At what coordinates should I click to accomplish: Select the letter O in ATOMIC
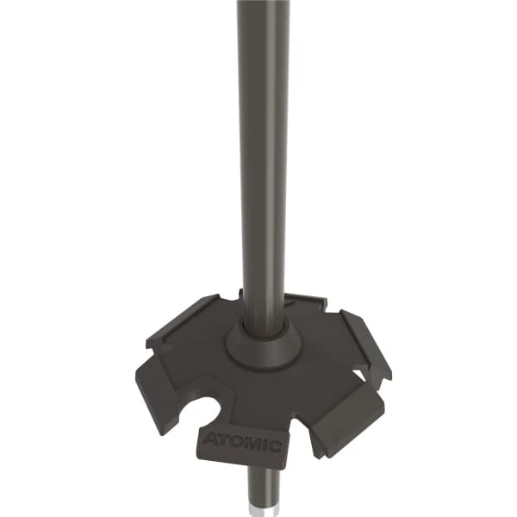pyautogui.click(x=235, y=443)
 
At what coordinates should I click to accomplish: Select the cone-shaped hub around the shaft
pyautogui.click(x=263, y=348)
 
